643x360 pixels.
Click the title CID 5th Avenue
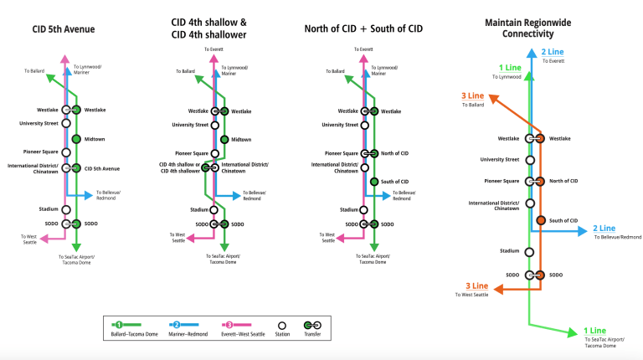click(64, 30)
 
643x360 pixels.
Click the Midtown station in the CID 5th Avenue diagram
click(76, 139)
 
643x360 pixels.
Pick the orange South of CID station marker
click(540, 220)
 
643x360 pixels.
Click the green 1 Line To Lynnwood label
click(509, 71)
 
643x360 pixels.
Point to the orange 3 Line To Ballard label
click(473, 100)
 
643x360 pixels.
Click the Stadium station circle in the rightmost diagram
click(529, 251)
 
